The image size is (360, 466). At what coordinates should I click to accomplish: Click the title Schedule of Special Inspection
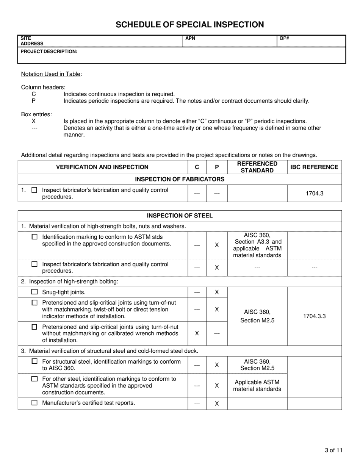[x=189, y=25]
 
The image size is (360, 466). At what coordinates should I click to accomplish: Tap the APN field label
[x=190, y=38]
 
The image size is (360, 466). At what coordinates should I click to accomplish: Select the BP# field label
[x=285, y=38]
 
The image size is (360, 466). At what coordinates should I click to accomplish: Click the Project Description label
[x=49, y=51]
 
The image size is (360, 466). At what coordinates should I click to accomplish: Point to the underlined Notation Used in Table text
[x=51, y=74]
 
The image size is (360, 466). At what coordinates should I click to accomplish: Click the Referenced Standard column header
[x=257, y=167]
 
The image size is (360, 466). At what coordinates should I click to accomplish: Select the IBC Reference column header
[x=314, y=167]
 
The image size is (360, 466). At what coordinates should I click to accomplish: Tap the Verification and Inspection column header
[x=102, y=167]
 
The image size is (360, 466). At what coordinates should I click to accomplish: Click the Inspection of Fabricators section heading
[x=180, y=179]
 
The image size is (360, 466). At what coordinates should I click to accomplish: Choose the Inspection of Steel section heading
[x=180, y=216]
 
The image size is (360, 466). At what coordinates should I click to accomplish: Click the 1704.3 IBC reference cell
[x=314, y=193]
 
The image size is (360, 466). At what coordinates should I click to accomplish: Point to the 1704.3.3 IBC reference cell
[x=314, y=316]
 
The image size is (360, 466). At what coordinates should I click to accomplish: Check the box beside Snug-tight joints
[x=34, y=292]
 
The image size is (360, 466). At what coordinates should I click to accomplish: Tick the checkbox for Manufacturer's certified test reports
[x=34, y=403]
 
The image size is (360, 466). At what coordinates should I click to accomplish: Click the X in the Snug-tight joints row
[x=217, y=292]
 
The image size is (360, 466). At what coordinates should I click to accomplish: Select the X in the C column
[x=197, y=333]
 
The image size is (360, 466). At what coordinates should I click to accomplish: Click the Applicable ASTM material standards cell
[x=257, y=386]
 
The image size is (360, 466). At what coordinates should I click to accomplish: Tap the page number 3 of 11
[x=333, y=450]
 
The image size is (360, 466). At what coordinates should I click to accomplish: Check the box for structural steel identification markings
[x=34, y=362]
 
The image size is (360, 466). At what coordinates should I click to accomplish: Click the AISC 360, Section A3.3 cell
[x=257, y=245]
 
